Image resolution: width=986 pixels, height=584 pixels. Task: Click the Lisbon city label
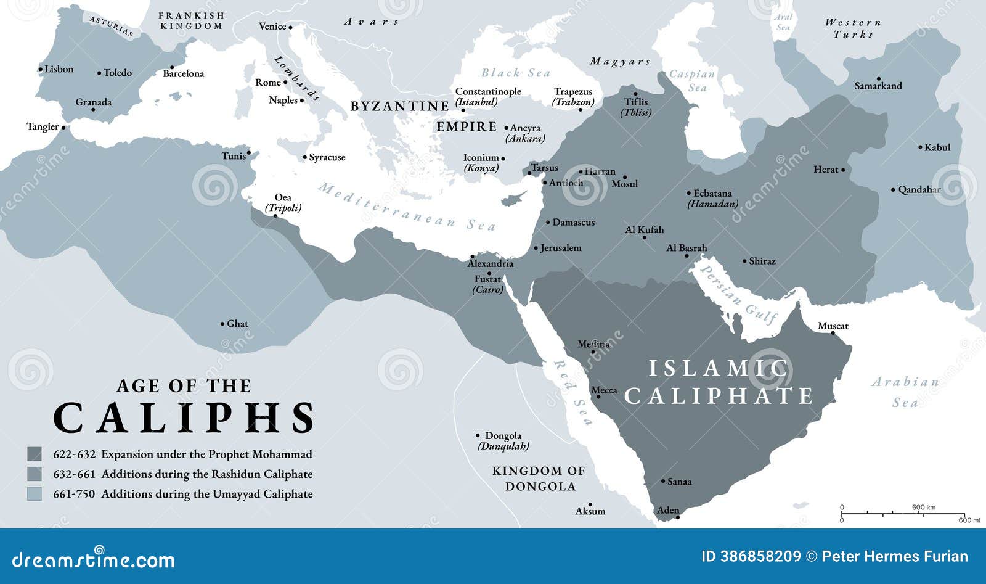point(59,69)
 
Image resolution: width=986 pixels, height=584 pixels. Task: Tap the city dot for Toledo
point(99,73)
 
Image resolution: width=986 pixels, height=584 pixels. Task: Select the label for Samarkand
point(878,86)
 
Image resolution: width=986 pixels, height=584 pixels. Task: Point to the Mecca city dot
point(597,397)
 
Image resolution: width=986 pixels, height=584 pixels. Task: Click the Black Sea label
point(515,73)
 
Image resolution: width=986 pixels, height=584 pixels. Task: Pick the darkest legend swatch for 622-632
point(35,454)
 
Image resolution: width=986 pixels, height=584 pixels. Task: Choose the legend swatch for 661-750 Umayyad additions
point(35,494)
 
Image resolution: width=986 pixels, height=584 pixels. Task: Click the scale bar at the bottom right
point(903,513)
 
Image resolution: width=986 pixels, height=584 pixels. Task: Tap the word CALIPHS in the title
point(184,419)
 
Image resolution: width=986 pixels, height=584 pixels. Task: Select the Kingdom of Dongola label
point(539,479)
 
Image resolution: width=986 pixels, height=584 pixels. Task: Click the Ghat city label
point(237,324)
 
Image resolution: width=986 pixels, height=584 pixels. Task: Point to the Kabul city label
point(937,147)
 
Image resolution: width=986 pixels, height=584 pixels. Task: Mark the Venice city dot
point(290,27)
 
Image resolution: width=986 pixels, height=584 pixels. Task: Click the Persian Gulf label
point(737,295)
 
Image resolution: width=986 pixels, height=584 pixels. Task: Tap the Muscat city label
point(833,326)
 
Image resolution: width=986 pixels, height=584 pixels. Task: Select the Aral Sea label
point(783,22)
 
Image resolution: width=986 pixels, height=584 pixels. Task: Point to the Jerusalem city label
point(560,248)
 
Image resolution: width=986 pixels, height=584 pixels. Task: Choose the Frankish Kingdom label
point(191,20)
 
